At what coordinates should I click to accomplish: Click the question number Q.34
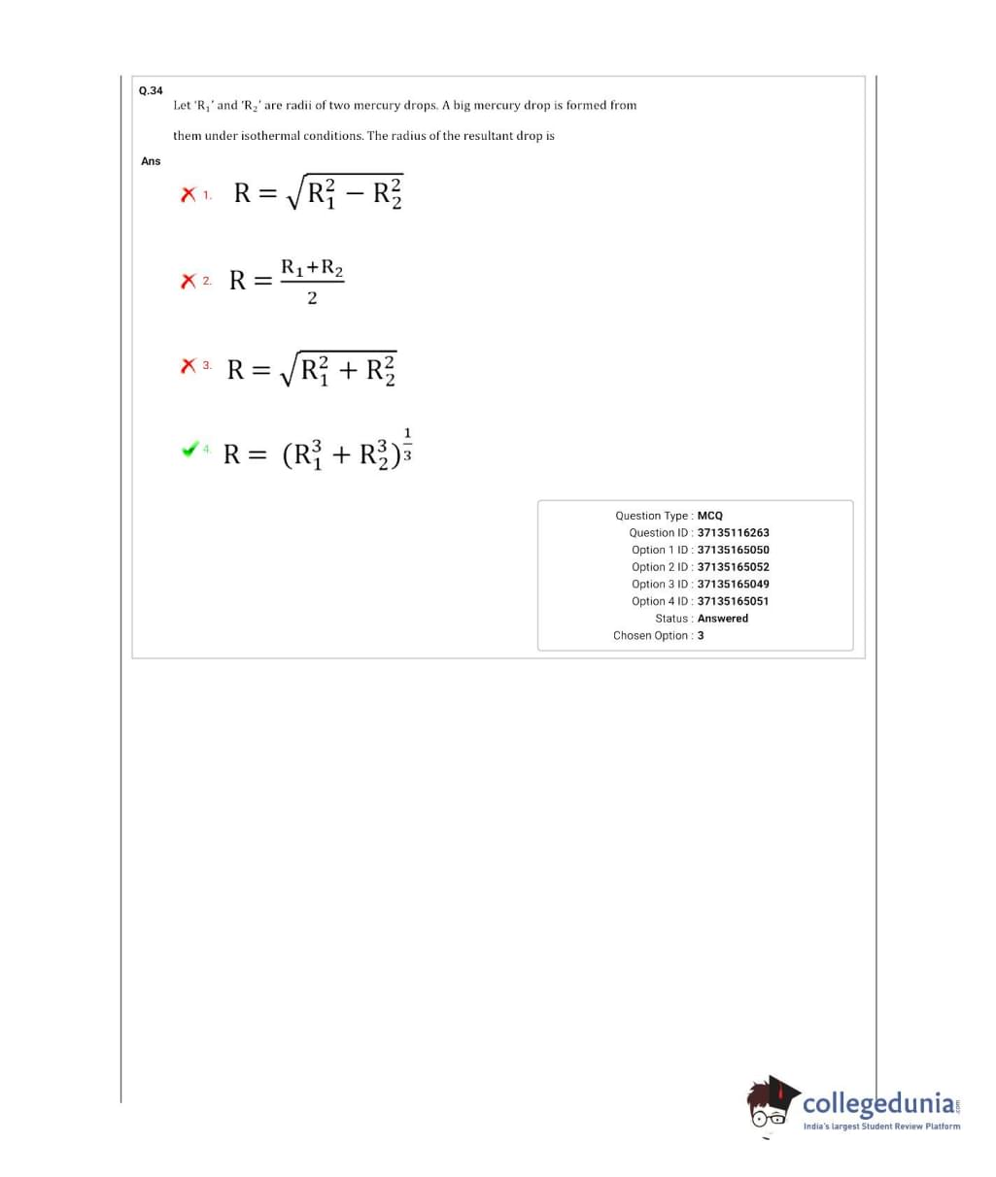[151, 90]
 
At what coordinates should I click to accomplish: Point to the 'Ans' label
[151, 161]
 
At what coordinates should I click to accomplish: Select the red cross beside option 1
[189, 195]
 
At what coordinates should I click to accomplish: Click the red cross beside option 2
[189, 282]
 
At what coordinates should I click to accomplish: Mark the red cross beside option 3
[189, 367]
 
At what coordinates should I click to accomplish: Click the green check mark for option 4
[190, 450]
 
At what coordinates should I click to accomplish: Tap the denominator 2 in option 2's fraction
[312, 298]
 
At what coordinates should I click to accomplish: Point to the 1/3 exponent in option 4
[407, 443]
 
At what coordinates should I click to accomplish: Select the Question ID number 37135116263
[733, 533]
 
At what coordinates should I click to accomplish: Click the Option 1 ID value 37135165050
[733, 550]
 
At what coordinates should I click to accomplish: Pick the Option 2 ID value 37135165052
[733, 567]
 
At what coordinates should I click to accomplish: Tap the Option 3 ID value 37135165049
[733, 585]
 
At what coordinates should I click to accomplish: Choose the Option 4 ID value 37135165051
[733, 601]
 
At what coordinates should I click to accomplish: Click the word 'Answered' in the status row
[723, 619]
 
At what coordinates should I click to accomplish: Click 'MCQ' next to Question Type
[710, 516]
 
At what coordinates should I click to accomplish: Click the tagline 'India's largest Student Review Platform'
[881, 1127]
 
